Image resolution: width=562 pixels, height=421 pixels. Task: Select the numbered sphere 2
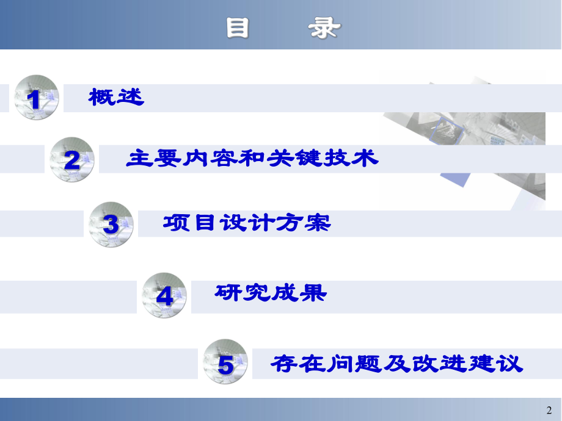(72, 159)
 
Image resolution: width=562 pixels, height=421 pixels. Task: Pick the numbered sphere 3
(111, 225)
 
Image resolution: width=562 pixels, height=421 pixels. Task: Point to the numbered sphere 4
(164, 295)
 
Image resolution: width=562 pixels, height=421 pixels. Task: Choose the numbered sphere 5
(225, 364)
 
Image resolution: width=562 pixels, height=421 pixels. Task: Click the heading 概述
(116, 97)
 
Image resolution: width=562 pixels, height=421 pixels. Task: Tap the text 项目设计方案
(247, 223)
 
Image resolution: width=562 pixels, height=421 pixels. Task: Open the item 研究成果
(271, 293)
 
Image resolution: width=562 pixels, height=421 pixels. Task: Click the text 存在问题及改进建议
(397, 364)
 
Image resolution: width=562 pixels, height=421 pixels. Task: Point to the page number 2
(548, 410)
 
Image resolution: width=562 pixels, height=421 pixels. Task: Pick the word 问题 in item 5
(354, 364)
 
